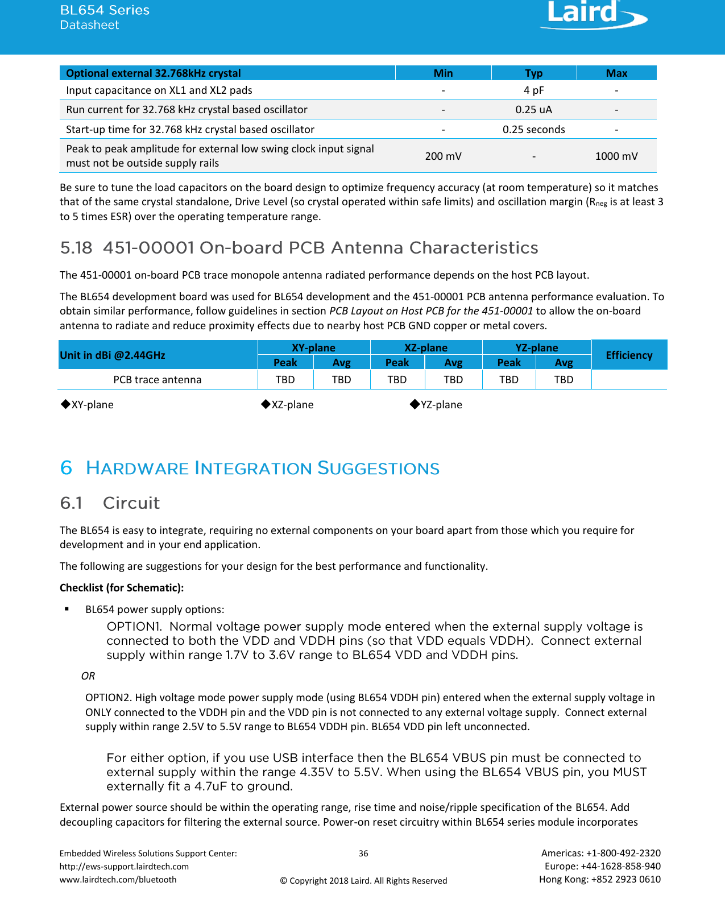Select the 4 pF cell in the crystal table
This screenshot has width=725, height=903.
pyautogui.click(x=533, y=90)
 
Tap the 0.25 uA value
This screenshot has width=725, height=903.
pyautogui.click(x=533, y=110)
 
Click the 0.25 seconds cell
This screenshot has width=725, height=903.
pyautogui.click(x=533, y=130)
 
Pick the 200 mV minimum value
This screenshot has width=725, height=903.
pyautogui.click(x=443, y=156)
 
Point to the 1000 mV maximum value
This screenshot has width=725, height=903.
pyautogui.click(x=616, y=156)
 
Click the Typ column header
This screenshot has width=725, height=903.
pyautogui.click(x=533, y=73)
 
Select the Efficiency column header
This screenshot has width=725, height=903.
pyautogui.click(x=628, y=355)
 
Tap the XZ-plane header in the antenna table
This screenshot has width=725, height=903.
pyautogui.click(x=426, y=347)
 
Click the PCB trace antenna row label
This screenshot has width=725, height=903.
pyautogui.click(x=158, y=380)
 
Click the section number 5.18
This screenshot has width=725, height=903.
pyautogui.click(x=76, y=248)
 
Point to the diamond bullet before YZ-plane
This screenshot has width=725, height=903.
pyautogui.click(x=415, y=404)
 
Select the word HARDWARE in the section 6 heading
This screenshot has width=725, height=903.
pyautogui.click(x=137, y=469)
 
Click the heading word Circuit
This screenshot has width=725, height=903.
pyautogui.click(x=131, y=503)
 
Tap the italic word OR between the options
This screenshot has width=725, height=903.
pyautogui.click(x=88, y=676)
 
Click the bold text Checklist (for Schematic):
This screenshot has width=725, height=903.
pyautogui.click(x=122, y=587)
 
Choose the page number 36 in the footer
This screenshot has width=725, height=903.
pyautogui.click(x=363, y=853)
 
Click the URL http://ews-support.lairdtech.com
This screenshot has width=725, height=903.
pyautogui.click(x=124, y=866)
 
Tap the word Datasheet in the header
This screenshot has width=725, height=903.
pyautogui.click(x=89, y=25)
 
